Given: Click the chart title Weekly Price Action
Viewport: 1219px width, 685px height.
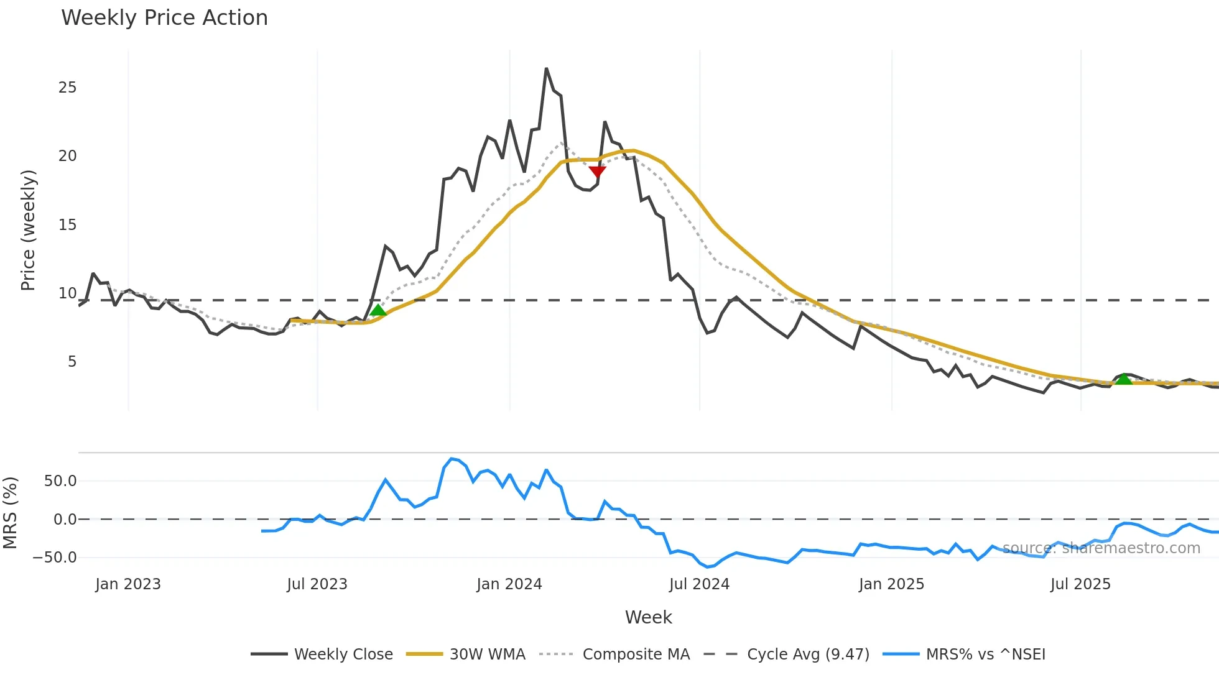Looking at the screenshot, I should [x=164, y=18].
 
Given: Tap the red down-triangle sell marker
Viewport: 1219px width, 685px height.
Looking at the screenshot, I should [x=597, y=172].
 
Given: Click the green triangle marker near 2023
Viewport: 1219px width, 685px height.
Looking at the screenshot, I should [x=378, y=310].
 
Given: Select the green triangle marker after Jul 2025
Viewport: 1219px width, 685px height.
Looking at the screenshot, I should [x=1123, y=379].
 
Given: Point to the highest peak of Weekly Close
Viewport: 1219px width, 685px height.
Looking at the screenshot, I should [x=546, y=69].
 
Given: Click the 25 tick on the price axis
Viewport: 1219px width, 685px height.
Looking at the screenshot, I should [x=68, y=88].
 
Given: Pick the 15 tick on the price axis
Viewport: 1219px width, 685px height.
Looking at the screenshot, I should [x=68, y=225].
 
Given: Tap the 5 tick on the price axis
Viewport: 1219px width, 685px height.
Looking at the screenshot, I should [x=72, y=362].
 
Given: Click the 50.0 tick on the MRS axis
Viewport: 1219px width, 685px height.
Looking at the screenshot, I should [x=60, y=481].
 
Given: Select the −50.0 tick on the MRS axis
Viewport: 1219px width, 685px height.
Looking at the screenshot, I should [x=55, y=558].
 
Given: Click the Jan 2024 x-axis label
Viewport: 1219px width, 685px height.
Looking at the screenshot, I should [x=509, y=584].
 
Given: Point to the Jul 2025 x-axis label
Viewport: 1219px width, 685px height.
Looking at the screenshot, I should [x=1080, y=584].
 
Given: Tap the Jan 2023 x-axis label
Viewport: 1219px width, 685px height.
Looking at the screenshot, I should [x=128, y=584].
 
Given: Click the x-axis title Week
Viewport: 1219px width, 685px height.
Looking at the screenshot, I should [x=648, y=617].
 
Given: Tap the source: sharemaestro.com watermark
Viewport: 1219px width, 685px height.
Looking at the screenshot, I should [x=1101, y=548].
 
